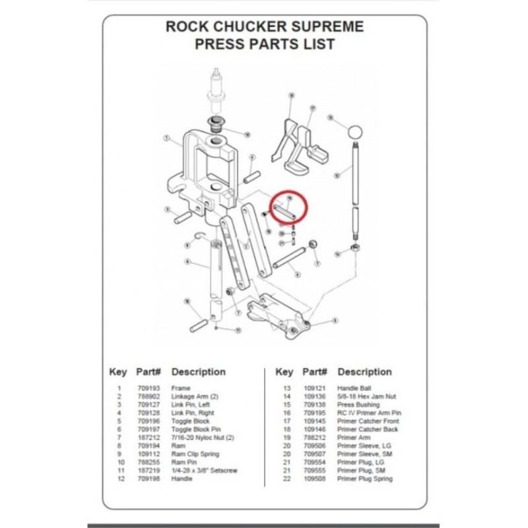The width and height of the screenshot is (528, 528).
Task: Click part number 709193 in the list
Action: click(146, 388)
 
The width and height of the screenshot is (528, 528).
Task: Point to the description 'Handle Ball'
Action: click(354, 388)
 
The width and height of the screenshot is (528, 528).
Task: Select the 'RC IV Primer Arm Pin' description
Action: click(369, 412)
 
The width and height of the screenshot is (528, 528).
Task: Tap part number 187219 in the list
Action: click(146, 471)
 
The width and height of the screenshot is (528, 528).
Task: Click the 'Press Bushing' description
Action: click(358, 405)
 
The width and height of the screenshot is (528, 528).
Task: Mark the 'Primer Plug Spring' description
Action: click(364, 478)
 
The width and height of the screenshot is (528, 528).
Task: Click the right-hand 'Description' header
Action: click(364, 372)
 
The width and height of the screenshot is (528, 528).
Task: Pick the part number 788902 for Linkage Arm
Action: click(146, 396)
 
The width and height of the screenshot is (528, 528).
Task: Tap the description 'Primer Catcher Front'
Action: click(368, 421)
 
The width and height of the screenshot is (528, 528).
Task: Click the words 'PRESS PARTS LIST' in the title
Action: click(264, 45)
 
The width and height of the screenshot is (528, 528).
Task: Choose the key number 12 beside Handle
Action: click(119, 478)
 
